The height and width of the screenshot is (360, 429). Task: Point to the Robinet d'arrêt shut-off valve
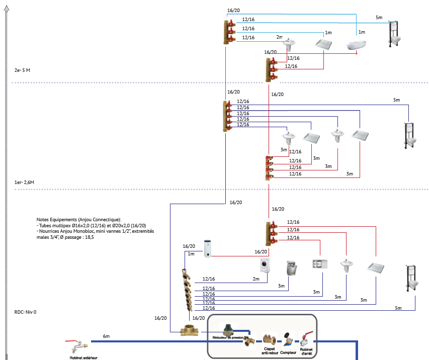coord(307,338)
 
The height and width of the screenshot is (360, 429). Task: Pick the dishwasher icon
coord(291,269)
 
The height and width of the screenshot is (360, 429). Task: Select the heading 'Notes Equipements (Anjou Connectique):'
coord(79,220)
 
